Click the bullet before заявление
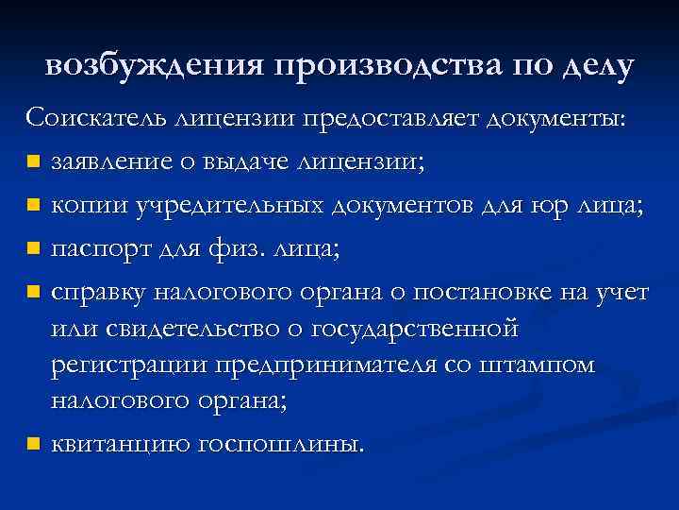tap(33, 161)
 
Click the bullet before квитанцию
tap(33, 443)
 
